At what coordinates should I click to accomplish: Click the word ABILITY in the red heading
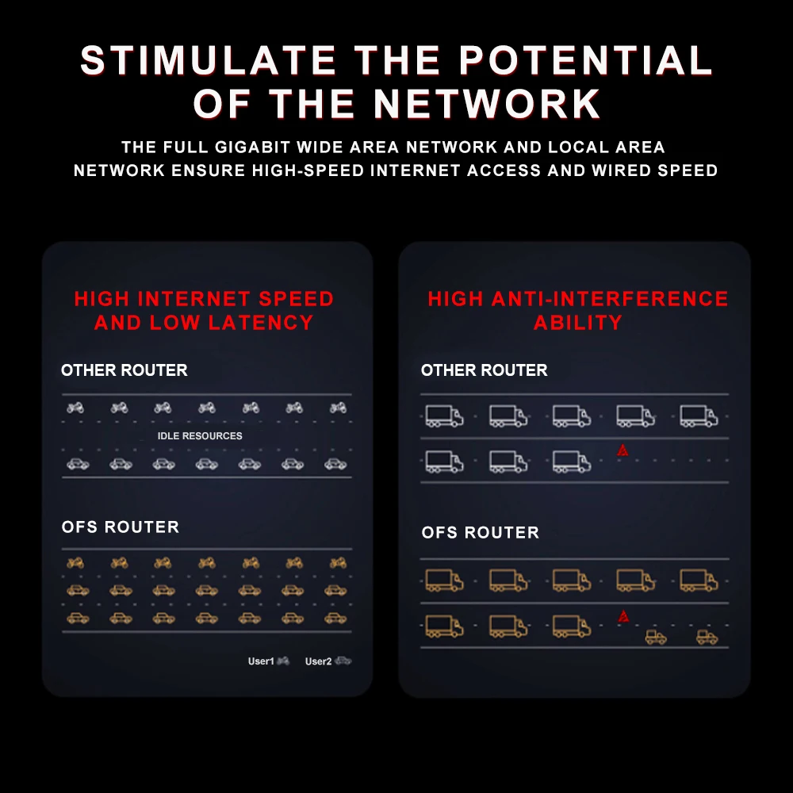point(577,323)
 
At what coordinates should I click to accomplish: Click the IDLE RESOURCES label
point(200,436)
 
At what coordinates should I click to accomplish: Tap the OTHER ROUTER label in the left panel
point(125,370)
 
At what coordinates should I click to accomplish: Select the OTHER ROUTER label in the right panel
point(484,370)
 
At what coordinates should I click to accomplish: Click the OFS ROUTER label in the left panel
point(121,527)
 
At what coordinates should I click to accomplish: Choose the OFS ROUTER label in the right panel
point(481,533)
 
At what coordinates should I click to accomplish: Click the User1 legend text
point(260,661)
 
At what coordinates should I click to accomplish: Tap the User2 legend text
point(318,661)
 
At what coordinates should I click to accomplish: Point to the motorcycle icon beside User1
point(283,661)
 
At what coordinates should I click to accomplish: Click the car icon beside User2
point(343,661)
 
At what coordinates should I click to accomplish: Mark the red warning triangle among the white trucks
point(623,450)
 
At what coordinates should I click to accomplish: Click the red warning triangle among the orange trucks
point(623,615)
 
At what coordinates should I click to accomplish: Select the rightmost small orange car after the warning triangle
point(707,636)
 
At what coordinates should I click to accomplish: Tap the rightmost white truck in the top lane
point(699,416)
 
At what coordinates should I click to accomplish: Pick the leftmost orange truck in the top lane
point(444,580)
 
